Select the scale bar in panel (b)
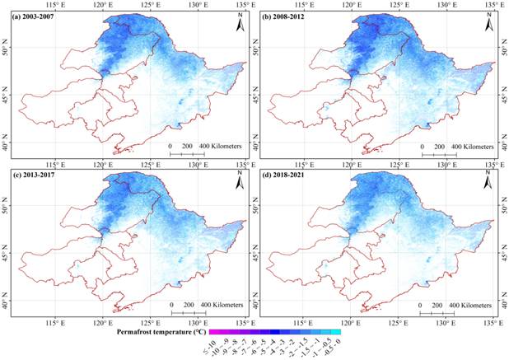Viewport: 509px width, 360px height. click(437, 154)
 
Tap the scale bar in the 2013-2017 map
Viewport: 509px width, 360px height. click(186, 313)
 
